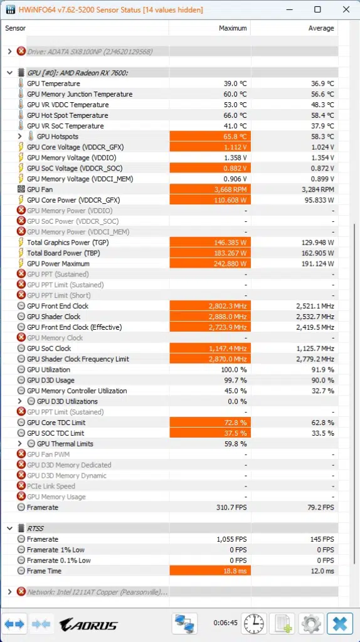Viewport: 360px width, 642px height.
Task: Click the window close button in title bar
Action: (x=346, y=9)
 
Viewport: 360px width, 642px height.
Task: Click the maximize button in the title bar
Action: (x=317, y=9)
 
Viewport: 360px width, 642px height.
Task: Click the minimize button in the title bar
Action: (x=289, y=9)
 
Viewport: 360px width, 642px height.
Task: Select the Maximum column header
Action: (x=233, y=28)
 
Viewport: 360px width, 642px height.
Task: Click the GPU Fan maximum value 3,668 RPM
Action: (x=210, y=189)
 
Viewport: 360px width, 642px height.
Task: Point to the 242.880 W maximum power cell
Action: (x=210, y=263)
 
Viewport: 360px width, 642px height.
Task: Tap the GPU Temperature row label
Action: (x=53, y=83)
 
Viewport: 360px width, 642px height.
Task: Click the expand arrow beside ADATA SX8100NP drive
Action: (x=9, y=51)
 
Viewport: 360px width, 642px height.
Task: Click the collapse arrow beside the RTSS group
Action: (x=9, y=529)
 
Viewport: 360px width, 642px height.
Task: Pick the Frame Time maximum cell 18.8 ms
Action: (x=210, y=571)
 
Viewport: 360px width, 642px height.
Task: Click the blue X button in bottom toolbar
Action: (x=340, y=624)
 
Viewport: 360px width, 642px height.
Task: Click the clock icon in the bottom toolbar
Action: (x=254, y=624)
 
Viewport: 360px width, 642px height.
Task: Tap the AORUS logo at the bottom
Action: (x=88, y=624)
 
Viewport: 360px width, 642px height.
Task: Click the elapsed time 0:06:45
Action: (x=224, y=624)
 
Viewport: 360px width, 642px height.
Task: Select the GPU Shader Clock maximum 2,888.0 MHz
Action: (x=210, y=317)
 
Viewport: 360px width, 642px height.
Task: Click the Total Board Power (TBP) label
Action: (x=63, y=253)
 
